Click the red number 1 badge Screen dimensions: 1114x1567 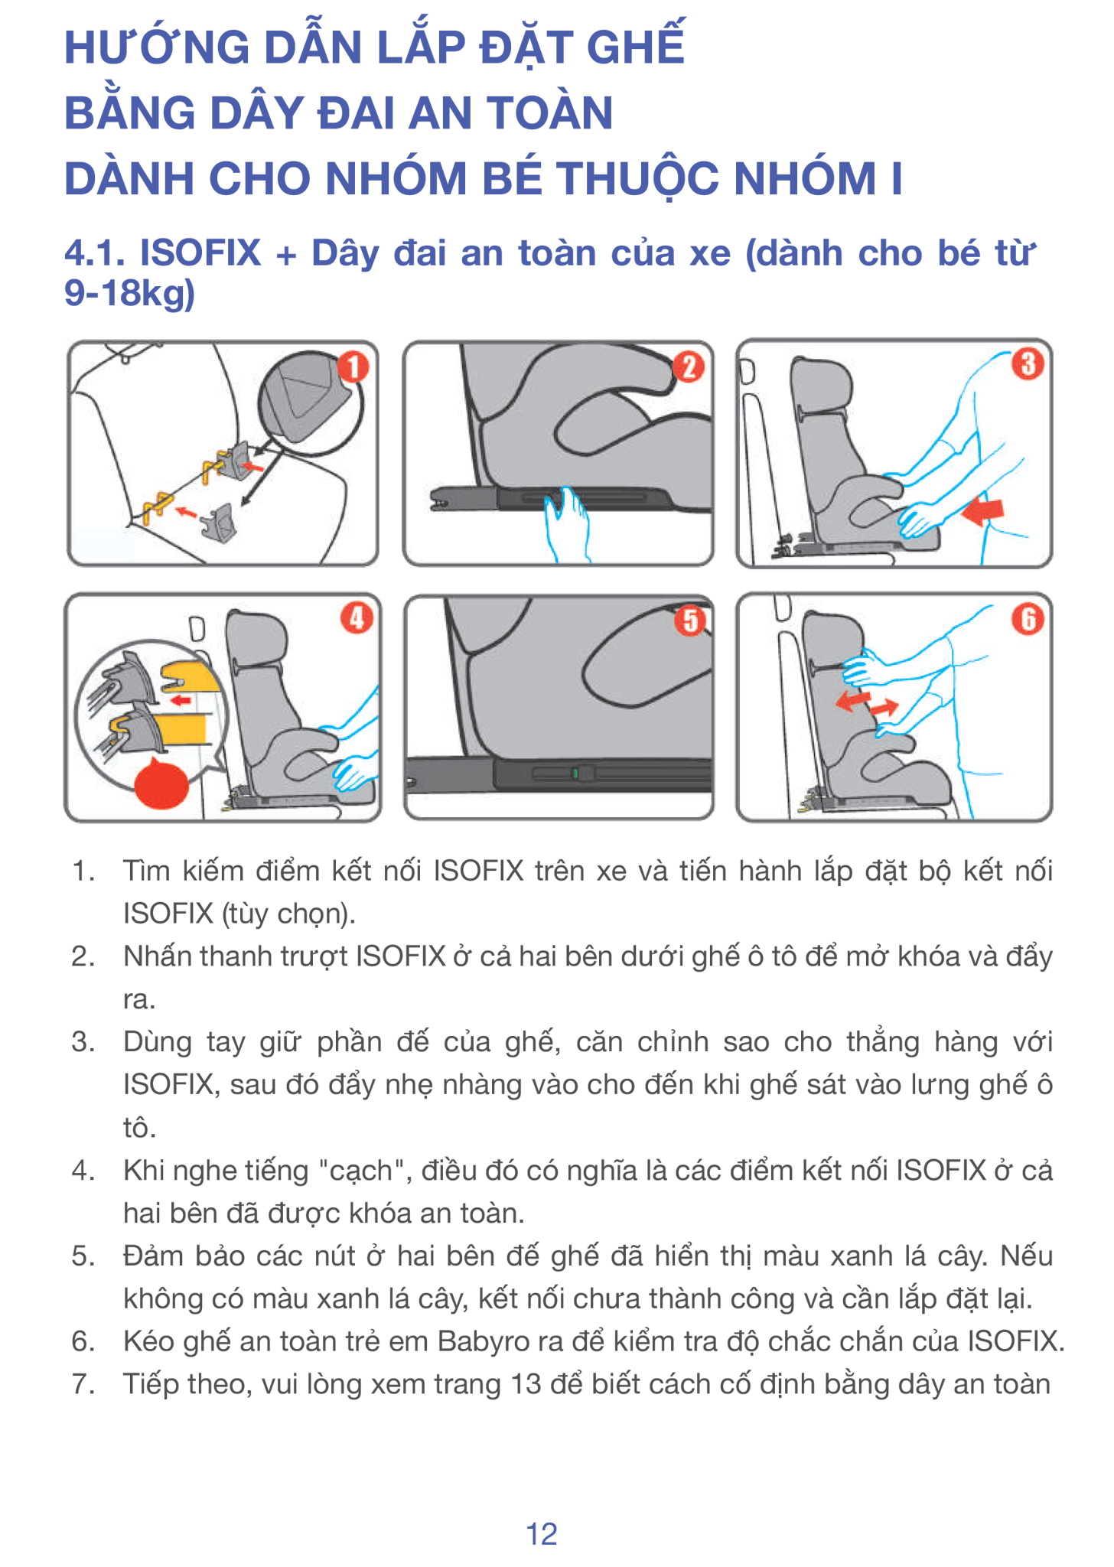pyautogui.click(x=353, y=367)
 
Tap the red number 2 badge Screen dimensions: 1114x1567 pyautogui.click(x=689, y=367)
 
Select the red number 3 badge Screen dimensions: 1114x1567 pyautogui.click(x=1028, y=364)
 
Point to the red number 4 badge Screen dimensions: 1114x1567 pyautogui.click(x=357, y=617)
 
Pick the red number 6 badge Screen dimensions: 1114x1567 pyautogui.click(x=1028, y=619)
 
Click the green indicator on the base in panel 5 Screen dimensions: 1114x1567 pyautogui.click(x=575, y=774)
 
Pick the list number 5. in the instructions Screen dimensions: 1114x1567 pyautogui.click(x=83, y=1256)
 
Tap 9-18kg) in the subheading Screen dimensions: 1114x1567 pyautogui.click(x=130, y=294)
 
